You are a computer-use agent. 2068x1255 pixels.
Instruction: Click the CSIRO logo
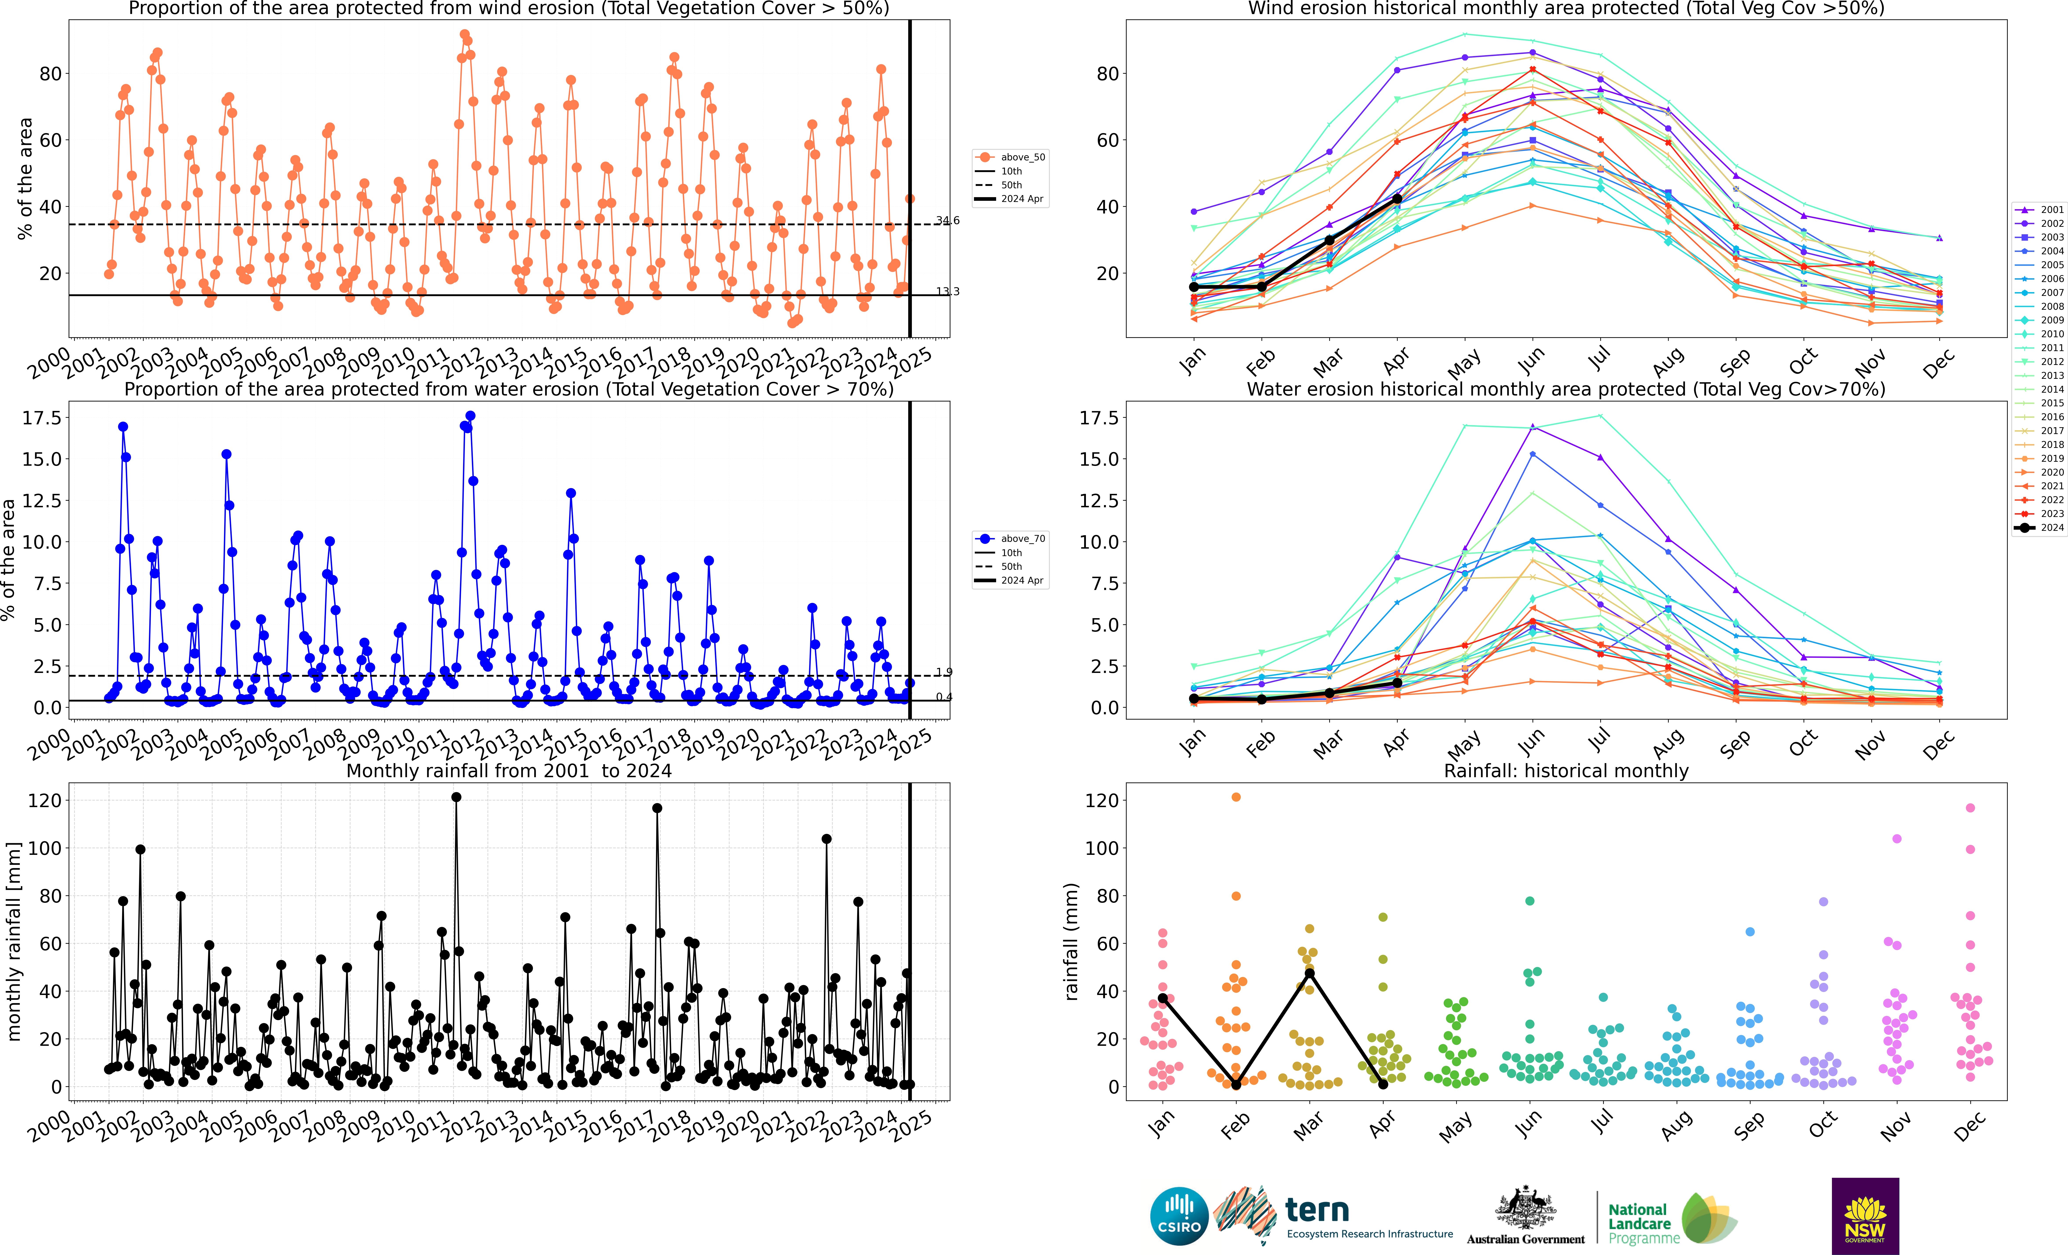pyautogui.click(x=1179, y=1216)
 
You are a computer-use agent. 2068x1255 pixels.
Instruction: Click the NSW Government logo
pyautogui.click(x=1865, y=1216)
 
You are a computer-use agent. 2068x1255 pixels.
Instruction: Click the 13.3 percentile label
pyautogui.click(x=948, y=291)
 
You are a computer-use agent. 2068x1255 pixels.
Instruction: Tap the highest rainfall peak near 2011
pyautogui.click(x=456, y=797)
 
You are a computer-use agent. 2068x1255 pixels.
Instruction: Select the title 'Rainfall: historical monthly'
pyautogui.click(x=1566, y=771)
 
